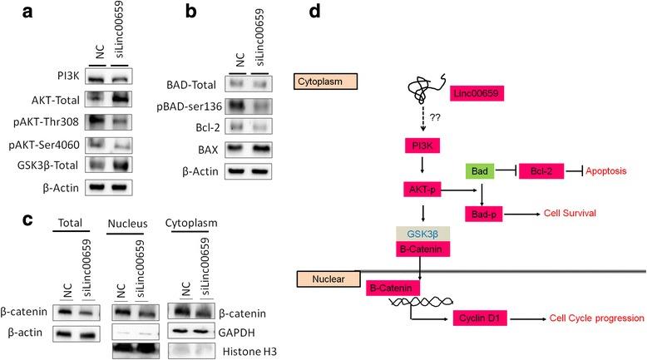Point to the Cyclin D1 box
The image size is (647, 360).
[x=481, y=319]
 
